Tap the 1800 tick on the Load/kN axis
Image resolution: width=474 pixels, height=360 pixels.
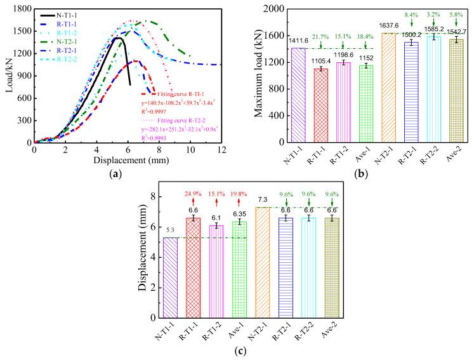22,10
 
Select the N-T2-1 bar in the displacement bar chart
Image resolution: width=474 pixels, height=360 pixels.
264,262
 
